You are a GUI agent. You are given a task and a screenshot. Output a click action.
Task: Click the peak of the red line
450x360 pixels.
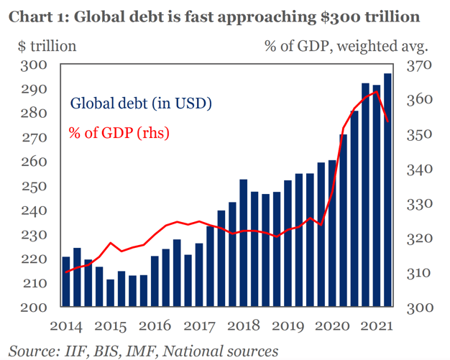coord(376,92)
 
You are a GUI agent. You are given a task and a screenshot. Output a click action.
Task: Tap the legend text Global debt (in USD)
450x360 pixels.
coord(140,103)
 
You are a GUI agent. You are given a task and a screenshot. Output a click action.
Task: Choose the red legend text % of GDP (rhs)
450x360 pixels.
coord(119,133)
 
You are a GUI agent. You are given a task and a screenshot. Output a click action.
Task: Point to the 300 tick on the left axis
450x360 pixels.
coord(35,65)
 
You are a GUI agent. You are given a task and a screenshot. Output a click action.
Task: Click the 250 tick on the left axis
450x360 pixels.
coord(35,186)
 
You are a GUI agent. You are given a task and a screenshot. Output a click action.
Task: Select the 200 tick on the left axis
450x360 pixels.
coord(35,308)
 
